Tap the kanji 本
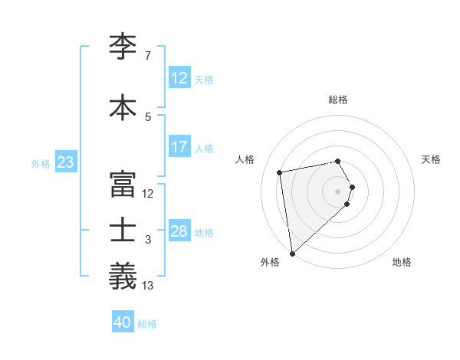point(123,106)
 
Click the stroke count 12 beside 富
point(148,194)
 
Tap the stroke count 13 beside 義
point(148,286)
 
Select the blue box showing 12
point(179,78)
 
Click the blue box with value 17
point(179,147)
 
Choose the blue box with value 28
point(179,231)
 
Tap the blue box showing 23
point(65,162)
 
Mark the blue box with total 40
point(123,323)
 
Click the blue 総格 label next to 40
point(147,324)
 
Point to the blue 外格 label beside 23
point(41,163)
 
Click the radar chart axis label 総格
point(337,100)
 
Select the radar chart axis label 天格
point(432,159)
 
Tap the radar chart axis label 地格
point(402,262)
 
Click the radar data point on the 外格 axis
point(292,253)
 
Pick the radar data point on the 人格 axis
point(280,172)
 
